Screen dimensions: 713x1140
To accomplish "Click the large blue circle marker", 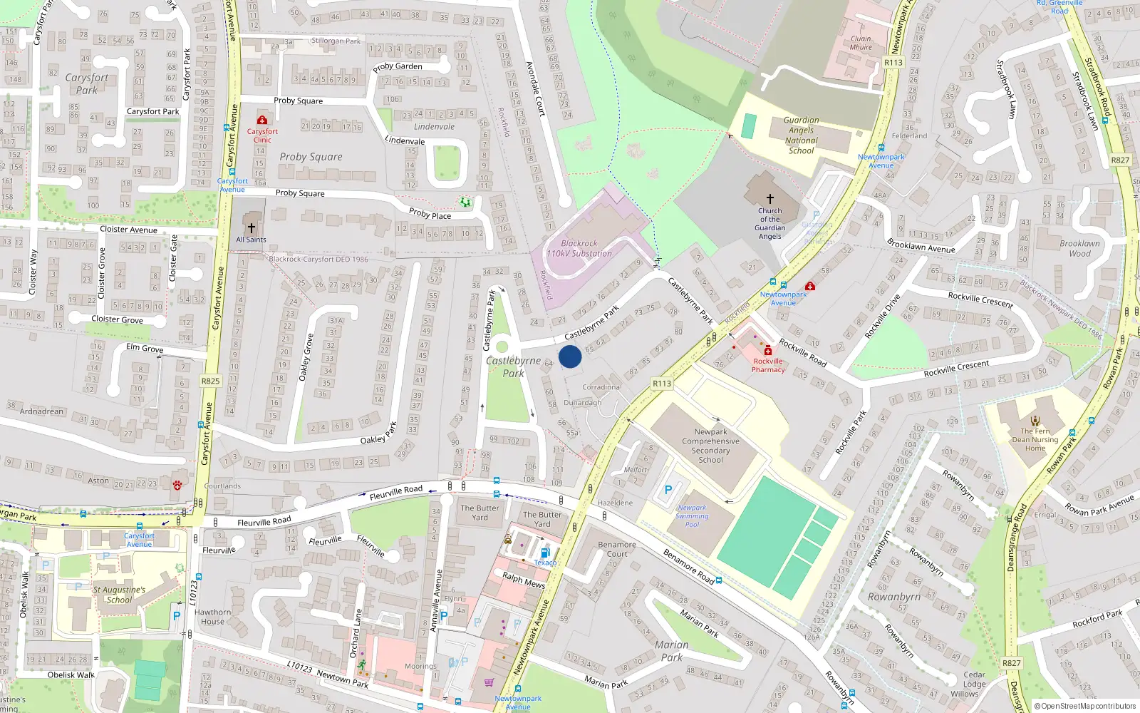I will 570,356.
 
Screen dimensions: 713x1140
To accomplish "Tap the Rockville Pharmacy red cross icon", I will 768,351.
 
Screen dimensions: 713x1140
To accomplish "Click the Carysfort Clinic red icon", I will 262,120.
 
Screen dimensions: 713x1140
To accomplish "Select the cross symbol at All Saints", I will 251,228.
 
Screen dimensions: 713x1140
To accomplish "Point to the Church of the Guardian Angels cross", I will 769,199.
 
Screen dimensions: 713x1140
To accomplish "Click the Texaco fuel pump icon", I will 545,553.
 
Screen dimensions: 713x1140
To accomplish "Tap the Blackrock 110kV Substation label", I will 579,248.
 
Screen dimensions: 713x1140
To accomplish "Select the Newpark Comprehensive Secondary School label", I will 710,446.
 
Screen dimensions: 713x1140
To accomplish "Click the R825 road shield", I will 210,381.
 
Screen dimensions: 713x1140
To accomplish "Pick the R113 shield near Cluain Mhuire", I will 893,63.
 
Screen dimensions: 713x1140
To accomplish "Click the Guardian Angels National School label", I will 801,135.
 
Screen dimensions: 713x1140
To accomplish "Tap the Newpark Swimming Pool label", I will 692,516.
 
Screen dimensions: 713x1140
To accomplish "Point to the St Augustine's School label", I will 119,595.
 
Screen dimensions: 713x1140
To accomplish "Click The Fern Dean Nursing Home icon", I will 1035,421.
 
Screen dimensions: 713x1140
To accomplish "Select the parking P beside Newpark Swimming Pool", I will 668,490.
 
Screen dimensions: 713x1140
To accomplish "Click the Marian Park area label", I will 671,651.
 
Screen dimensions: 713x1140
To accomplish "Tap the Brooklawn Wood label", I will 1079,248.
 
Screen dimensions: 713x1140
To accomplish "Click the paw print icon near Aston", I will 177,485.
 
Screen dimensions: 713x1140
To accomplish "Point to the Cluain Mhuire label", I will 861,43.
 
